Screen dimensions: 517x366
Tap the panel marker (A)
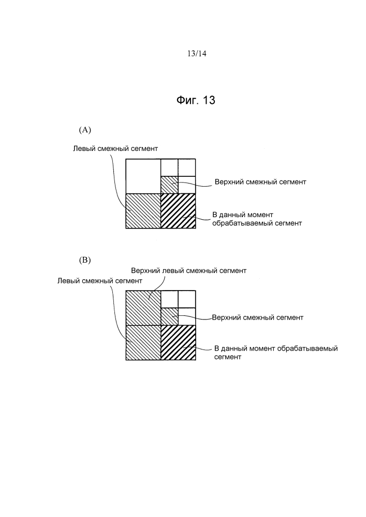[x=85, y=129]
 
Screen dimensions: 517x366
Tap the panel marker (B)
[x=85, y=261]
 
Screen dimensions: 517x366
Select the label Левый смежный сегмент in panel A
[x=115, y=148]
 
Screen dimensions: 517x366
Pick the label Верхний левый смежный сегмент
[x=188, y=270]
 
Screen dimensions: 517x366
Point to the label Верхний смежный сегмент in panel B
[x=257, y=317]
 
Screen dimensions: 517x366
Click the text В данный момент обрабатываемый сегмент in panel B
[x=275, y=353]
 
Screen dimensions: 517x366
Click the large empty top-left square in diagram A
[x=143, y=176]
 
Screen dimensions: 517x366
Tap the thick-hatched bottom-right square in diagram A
[x=179, y=211]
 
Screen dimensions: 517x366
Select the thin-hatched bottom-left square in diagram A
[x=143, y=211]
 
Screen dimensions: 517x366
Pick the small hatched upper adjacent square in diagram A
[x=169, y=185]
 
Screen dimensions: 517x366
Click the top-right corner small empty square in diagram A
[x=187, y=168]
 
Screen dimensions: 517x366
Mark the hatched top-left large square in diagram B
[x=143, y=307]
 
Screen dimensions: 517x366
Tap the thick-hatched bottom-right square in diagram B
[x=179, y=342]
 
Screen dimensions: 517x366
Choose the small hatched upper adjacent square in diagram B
[x=169, y=316]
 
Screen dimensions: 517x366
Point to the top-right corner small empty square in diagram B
[x=187, y=299]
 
